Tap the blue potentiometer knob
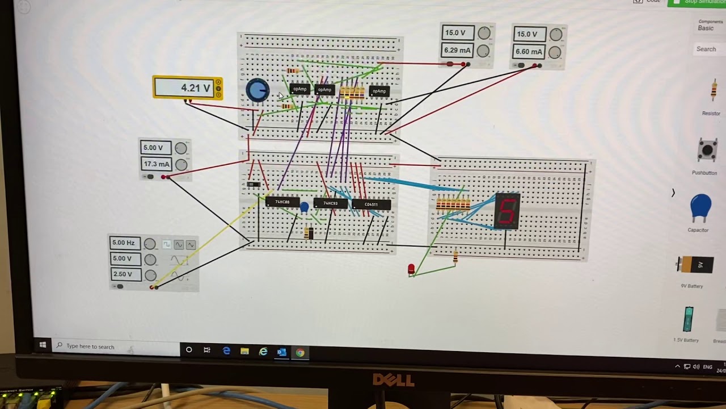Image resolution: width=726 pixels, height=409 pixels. tap(258, 90)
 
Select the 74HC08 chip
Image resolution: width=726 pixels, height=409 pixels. tap(282, 202)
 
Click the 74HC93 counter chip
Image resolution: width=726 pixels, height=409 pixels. tap(330, 203)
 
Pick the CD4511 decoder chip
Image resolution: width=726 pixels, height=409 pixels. tap(371, 204)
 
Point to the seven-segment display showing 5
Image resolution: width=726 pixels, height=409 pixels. tap(507, 211)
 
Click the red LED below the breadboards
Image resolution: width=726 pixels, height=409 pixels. tap(411, 269)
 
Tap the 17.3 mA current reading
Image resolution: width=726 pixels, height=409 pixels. tap(156, 164)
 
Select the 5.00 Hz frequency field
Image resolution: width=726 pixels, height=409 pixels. tap(124, 243)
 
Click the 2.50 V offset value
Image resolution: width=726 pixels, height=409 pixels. tap(123, 274)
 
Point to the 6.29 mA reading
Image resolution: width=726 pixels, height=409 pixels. tap(457, 50)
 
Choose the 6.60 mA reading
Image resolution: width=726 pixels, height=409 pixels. tap(529, 52)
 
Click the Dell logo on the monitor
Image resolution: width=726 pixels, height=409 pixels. tap(393, 379)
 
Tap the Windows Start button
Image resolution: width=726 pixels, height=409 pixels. tap(43, 345)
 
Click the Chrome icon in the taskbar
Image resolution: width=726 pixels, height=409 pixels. tap(300, 352)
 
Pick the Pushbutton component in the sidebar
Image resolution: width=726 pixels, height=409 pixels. tap(706, 151)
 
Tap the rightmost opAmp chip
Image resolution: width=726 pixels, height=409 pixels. tap(379, 91)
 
